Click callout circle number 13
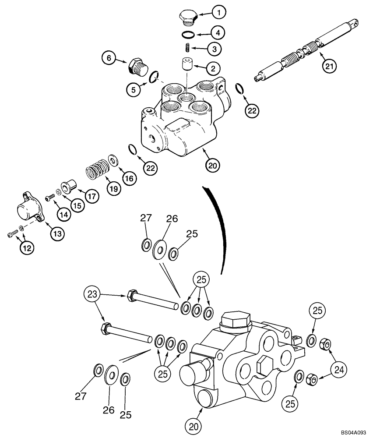(57, 233)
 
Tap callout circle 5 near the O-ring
(133, 90)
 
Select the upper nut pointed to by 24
(325, 345)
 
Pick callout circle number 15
(78, 205)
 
